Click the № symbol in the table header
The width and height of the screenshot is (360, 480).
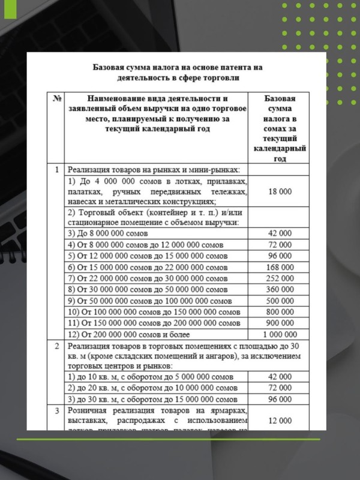(58, 98)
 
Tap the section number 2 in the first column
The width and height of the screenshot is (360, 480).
(56, 346)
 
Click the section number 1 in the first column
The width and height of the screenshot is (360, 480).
(56, 169)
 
